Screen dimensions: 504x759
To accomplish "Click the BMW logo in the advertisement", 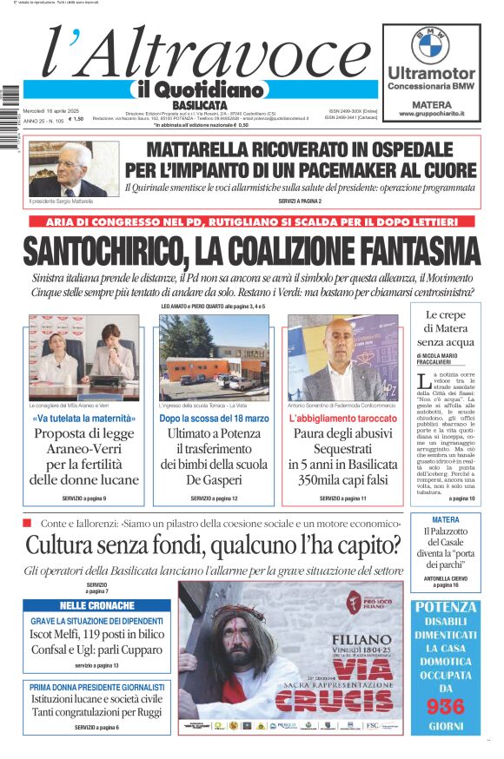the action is point(430,44).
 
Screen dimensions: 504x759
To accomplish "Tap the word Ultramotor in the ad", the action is point(431,73).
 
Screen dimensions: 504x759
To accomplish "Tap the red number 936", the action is point(445,706).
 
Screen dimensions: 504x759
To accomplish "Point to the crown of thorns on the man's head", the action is point(231,619).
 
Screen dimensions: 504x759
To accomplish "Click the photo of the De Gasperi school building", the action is point(213,357).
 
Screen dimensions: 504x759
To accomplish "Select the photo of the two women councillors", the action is point(83,357).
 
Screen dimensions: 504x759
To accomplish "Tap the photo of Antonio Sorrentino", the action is point(342,357).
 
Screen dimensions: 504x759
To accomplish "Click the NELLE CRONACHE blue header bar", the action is point(97,605).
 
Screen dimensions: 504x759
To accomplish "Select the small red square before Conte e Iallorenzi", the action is point(27,523).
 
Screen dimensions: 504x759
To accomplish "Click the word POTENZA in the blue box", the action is point(445,607).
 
